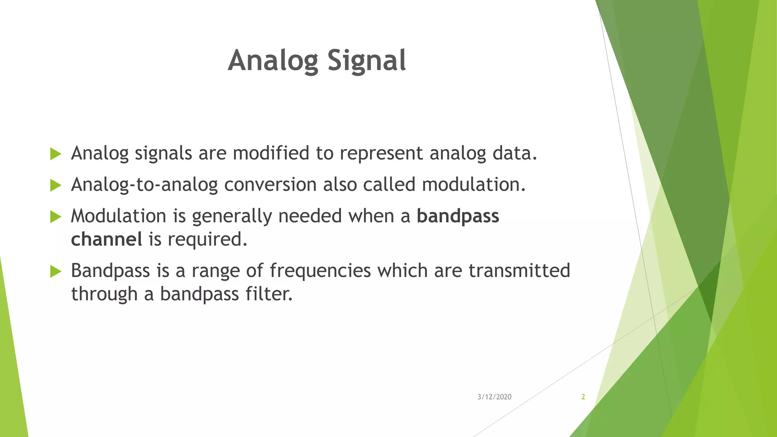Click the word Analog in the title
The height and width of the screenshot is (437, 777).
point(273,61)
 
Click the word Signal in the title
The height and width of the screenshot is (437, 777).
point(366,61)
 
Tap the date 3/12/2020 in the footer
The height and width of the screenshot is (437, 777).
point(494,397)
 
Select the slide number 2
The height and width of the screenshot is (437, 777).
point(583,397)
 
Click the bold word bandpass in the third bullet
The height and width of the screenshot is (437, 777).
point(458,216)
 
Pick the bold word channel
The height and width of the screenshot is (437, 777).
point(107,239)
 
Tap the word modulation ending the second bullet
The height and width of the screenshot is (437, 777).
point(473,185)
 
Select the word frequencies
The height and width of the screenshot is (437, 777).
point(320,271)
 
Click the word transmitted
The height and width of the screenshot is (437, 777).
point(519,271)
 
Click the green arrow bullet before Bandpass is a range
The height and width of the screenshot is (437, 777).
point(56,271)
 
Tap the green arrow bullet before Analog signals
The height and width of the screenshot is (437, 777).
point(56,154)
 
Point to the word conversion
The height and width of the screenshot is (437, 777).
point(270,185)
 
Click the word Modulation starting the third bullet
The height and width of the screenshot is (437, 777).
point(118,216)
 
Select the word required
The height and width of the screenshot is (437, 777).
point(207,239)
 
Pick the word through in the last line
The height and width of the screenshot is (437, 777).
point(104,294)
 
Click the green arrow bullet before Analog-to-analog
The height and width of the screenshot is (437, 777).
point(56,185)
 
